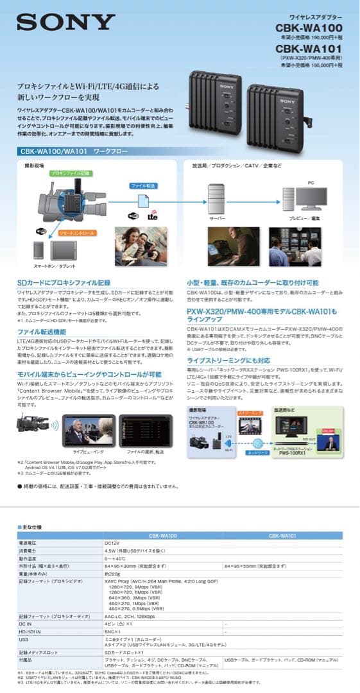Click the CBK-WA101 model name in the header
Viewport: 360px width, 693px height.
[x=309, y=48]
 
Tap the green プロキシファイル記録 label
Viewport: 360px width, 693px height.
[x=71, y=173]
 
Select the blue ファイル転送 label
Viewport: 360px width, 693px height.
[x=144, y=185]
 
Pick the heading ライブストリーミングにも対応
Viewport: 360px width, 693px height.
[x=228, y=361]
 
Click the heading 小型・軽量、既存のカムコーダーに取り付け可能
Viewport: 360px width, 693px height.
[x=252, y=282]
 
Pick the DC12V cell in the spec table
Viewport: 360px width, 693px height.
[x=112, y=543]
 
